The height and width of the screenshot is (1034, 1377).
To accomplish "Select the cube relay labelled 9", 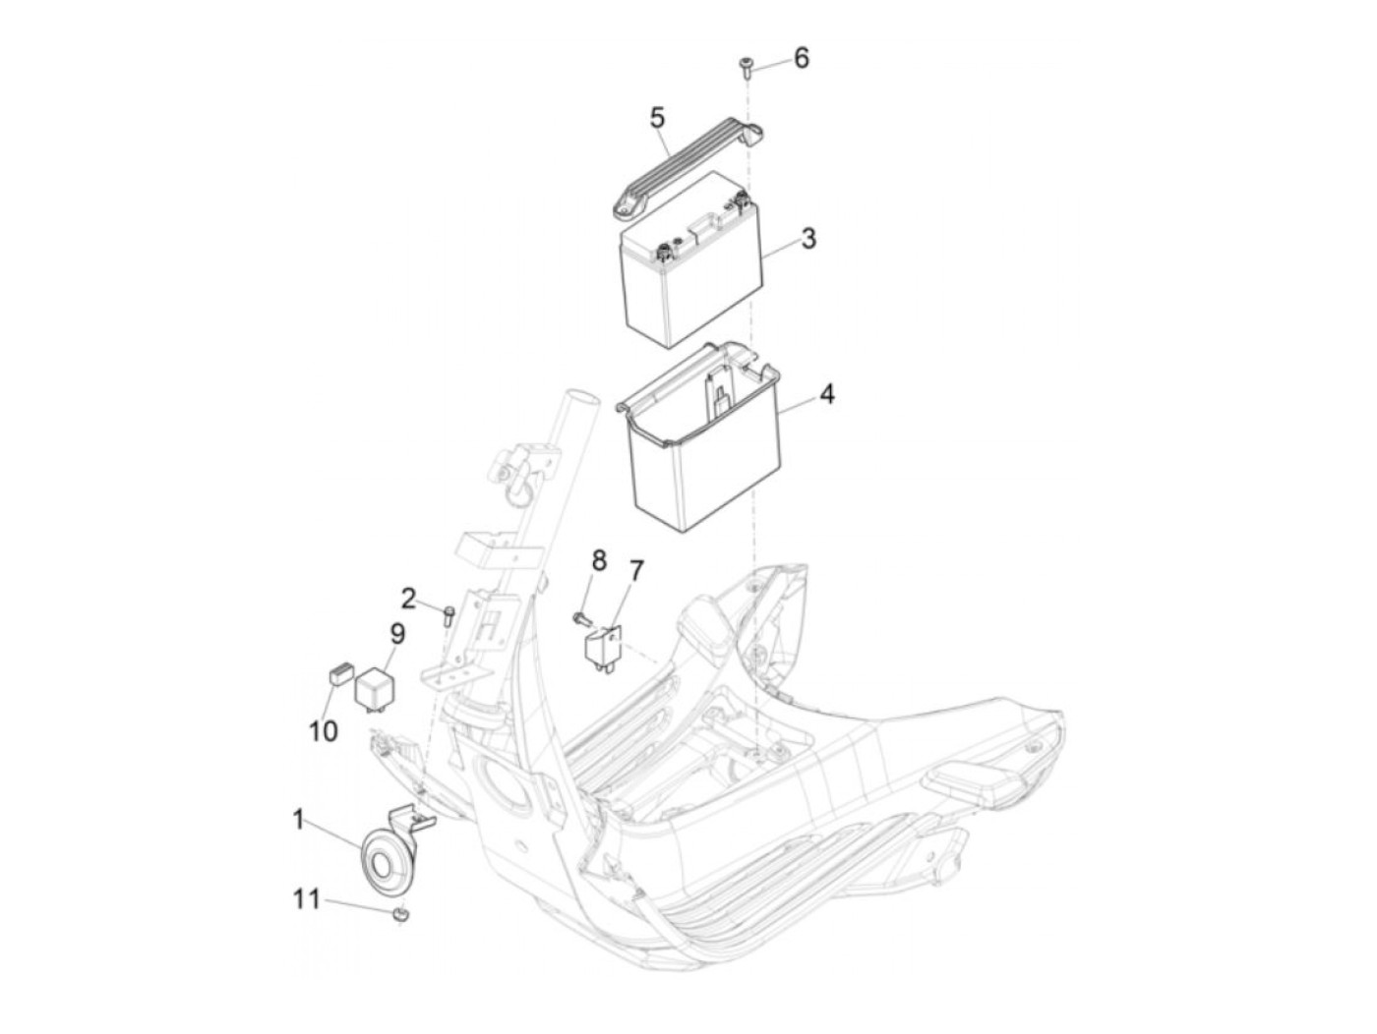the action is (x=376, y=689).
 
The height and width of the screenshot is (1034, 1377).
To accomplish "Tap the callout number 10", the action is (x=323, y=731).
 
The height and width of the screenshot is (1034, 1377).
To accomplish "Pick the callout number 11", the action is (x=307, y=900).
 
